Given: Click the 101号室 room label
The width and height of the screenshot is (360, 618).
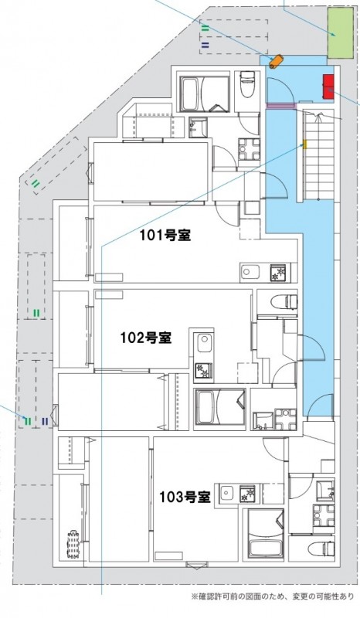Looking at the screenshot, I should click(165, 236).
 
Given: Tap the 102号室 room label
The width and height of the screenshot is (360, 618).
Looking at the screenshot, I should click(145, 337).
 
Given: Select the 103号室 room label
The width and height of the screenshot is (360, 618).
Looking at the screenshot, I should click(185, 497).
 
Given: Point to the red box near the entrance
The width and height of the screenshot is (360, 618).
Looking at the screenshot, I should click(328, 83).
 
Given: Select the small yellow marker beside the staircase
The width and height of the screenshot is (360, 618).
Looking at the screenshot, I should click(304, 144).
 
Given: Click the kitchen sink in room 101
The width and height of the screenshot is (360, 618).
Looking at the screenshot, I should click(253, 272).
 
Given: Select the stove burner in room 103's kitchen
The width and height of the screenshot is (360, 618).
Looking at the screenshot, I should click(248, 492).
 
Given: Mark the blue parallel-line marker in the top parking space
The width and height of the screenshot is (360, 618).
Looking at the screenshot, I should click(205, 46).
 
